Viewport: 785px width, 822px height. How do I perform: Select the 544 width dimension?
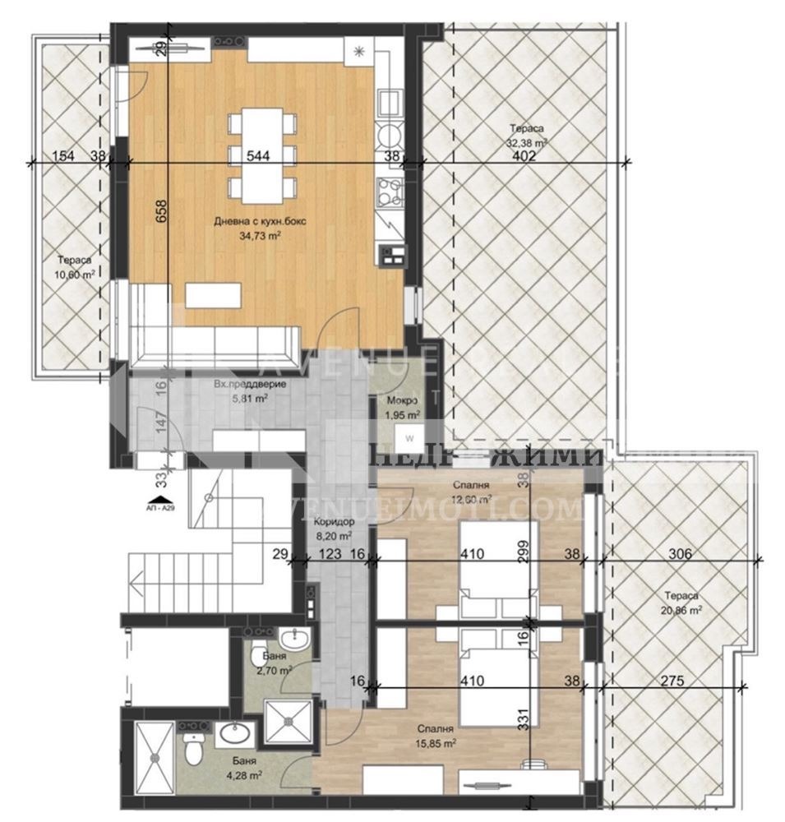click(x=259, y=154)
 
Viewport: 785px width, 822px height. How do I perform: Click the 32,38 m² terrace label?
click(x=526, y=135)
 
